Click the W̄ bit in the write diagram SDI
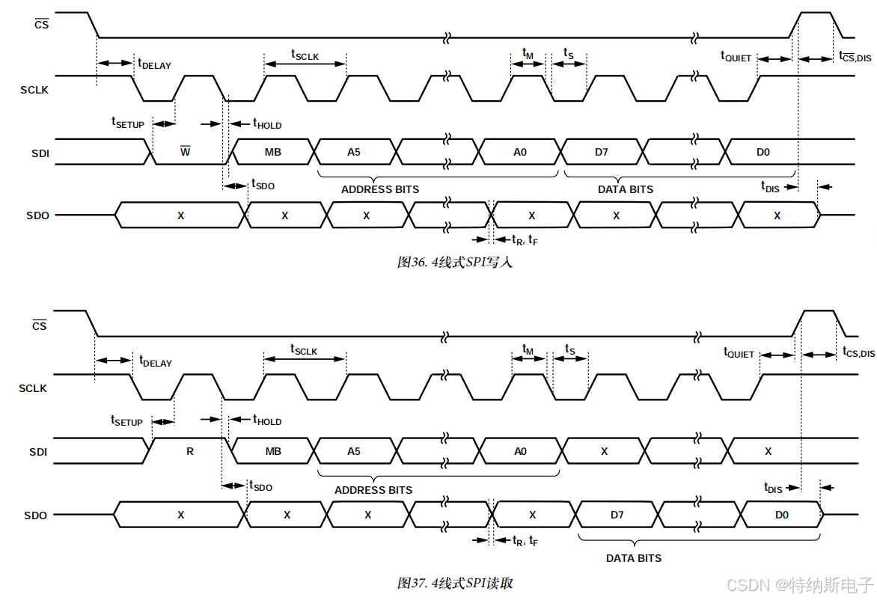(185, 152)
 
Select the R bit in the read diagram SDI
(190, 451)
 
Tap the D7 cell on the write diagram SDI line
(602, 152)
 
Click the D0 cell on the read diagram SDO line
(781, 515)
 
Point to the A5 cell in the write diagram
(354, 152)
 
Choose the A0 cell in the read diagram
(520, 451)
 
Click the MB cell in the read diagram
(273, 451)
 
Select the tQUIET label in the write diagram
(736, 56)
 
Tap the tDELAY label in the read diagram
(155, 361)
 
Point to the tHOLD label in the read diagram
(266, 420)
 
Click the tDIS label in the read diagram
(773, 488)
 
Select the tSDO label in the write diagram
(263, 184)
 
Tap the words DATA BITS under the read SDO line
(634, 558)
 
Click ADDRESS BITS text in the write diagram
(380, 189)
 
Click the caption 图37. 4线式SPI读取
(455, 583)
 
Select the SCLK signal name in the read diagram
(33, 388)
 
